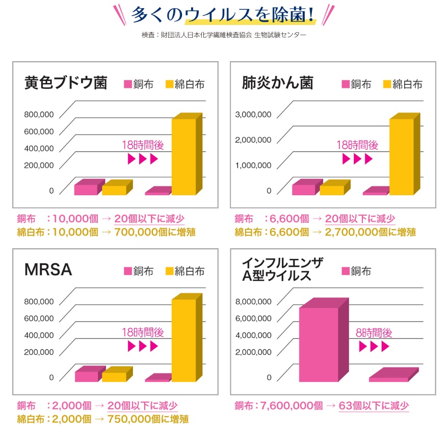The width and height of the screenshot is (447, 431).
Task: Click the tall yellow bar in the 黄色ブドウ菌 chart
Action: click(x=183, y=156)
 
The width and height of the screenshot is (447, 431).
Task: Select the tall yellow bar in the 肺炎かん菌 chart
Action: click(x=401, y=156)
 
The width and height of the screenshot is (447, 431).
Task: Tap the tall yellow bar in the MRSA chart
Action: click(x=183, y=340)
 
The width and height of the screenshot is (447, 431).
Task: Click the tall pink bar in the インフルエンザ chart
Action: click(x=319, y=344)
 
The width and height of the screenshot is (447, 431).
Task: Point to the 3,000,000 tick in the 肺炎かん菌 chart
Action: click(x=253, y=115)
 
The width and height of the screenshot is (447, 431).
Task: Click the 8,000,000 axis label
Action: click(x=253, y=302)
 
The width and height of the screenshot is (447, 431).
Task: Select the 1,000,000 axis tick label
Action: click(x=253, y=165)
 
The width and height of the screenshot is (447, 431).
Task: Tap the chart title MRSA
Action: click(x=48, y=270)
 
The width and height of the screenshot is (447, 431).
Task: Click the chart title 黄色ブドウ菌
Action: click(x=66, y=83)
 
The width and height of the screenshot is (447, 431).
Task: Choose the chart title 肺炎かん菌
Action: click(x=277, y=83)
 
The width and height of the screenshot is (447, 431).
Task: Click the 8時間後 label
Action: click(x=374, y=333)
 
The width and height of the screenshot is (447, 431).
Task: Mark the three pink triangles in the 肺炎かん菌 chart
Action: click(x=357, y=159)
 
